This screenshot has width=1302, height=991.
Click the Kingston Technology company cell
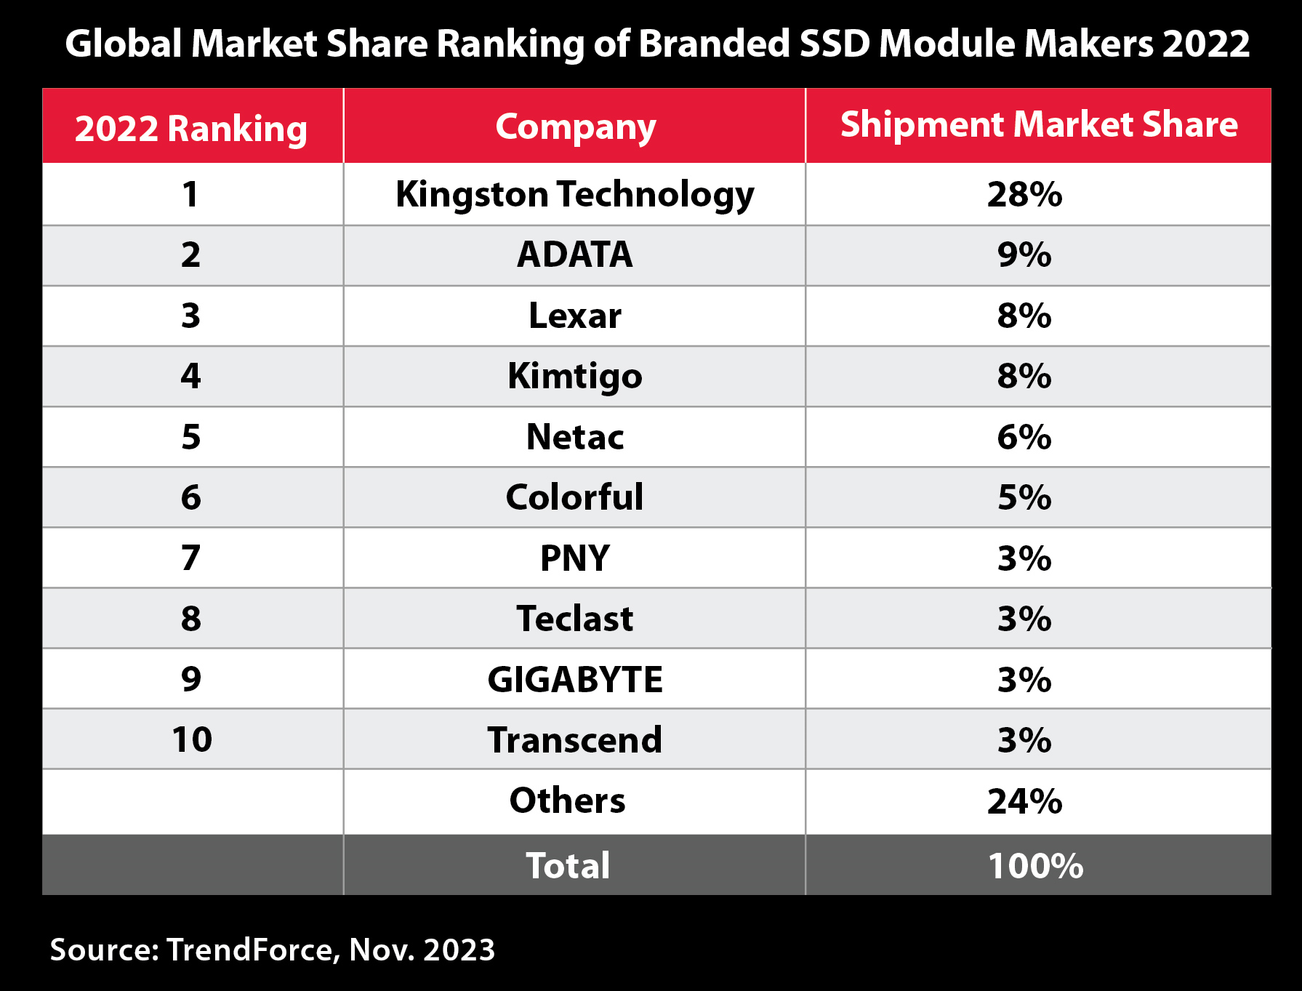pos(574,195)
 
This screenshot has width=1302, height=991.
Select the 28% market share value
pos(1024,195)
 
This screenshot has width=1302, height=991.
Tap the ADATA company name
pos(574,254)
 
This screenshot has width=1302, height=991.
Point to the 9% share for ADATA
pos(1024,255)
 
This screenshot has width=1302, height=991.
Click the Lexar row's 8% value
pos(1024,316)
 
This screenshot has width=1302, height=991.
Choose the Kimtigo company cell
pos(574,377)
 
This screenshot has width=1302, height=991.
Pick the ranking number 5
pos(190,437)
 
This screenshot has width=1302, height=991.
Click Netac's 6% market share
pos(1024,437)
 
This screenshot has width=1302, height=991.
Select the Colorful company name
pos(574,497)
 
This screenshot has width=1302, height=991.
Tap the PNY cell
pos(574,558)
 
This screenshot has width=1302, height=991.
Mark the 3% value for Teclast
pos(1024,619)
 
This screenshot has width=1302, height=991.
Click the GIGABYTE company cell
pos(574,680)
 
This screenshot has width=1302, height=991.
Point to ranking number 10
pos(192,739)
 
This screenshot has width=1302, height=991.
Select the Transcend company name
pos(574,740)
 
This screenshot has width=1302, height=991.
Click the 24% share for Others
pos(1024,801)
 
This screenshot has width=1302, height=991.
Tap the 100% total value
pos(1035,866)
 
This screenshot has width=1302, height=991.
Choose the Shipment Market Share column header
pos(1038,125)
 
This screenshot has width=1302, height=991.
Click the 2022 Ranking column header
pos(190,129)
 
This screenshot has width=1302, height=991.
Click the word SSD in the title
pos(835,44)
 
